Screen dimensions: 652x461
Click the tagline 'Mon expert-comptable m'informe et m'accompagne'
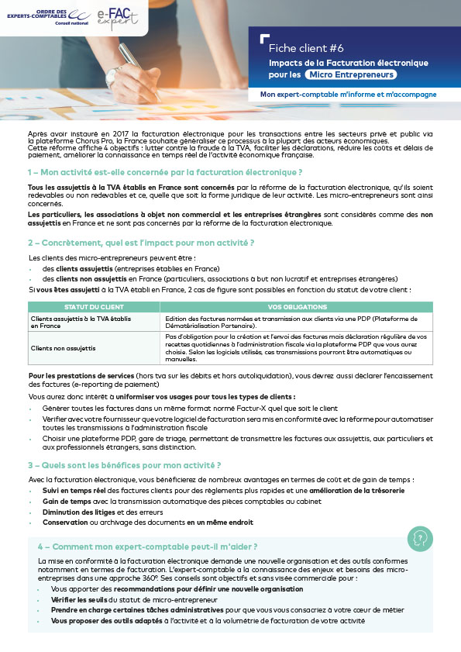[x=348, y=94]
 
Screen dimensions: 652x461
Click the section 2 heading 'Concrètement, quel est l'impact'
[x=141, y=242]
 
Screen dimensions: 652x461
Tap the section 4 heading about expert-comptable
[x=147, y=546]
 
